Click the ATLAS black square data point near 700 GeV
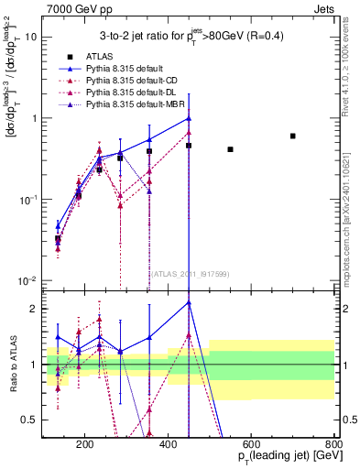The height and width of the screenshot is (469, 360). [x=292, y=136]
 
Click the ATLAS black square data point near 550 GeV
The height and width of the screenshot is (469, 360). [x=230, y=149]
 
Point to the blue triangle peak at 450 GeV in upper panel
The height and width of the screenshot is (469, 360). [x=189, y=118]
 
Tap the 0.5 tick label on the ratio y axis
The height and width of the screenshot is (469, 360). [x=29, y=420]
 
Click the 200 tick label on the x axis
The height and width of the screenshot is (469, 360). [x=85, y=446]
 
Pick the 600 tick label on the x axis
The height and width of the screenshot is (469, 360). [x=252, y=446]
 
